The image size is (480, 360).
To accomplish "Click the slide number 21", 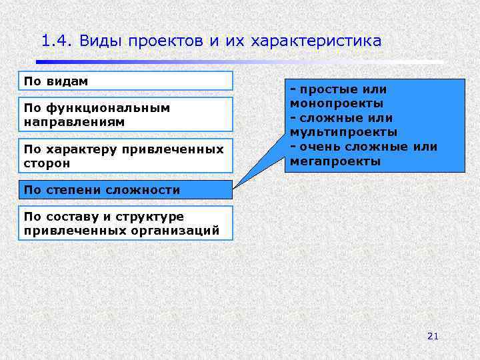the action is tap(433, 337).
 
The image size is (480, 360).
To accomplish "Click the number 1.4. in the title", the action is tap(56, 41).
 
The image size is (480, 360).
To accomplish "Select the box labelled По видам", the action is tap(125, 81).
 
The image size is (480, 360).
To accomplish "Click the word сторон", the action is tap(47, 163).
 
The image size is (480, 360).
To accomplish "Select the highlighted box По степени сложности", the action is tap(125, 190).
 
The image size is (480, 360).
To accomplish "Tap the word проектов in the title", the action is tap(173, 41).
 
